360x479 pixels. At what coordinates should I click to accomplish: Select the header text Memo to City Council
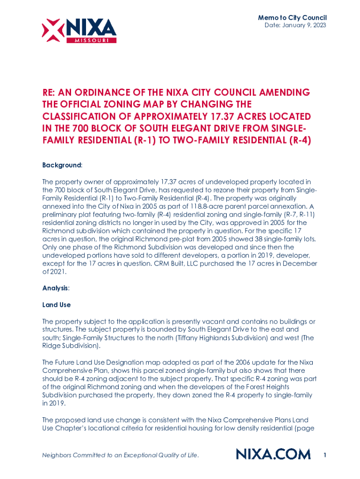click(x=292, y=17)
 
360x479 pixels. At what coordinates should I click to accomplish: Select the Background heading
click(x=62, y=166)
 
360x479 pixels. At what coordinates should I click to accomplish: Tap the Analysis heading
click(x=55, y=288)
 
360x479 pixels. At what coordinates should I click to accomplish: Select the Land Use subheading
click(x=56, y=305)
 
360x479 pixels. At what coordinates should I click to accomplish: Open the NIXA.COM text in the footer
click(x=273, y=454)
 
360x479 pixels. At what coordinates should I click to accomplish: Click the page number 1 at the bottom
click(x=324, y=454)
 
